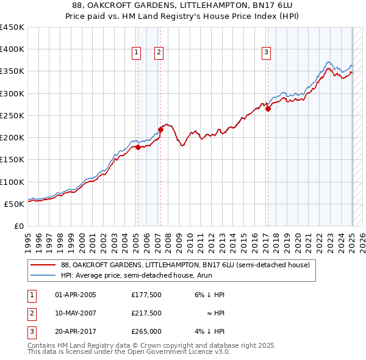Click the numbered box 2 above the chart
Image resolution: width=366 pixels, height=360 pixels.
pyautogui.click(x=158, y=53)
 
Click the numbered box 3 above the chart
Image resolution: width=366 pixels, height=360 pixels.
pyautogui.click(x=267, y=53)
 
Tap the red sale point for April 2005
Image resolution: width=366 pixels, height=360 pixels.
pyautogui.click(x=138, y=147)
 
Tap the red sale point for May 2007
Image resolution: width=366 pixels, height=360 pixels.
pyautogui.click(x=160, y=129)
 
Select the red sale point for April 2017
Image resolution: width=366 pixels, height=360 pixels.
pyautogui.click(x=268, y=109)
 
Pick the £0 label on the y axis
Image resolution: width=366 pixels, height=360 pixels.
pyautogui.click(x=18, y=226)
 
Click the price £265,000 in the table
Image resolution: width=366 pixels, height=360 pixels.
pyautogui.click(x=146, y=331)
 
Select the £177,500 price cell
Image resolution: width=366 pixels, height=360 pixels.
pyautogui.click(x=146, y=295)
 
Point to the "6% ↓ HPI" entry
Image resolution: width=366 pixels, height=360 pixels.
pyautogui.click(x=210, y=295)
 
